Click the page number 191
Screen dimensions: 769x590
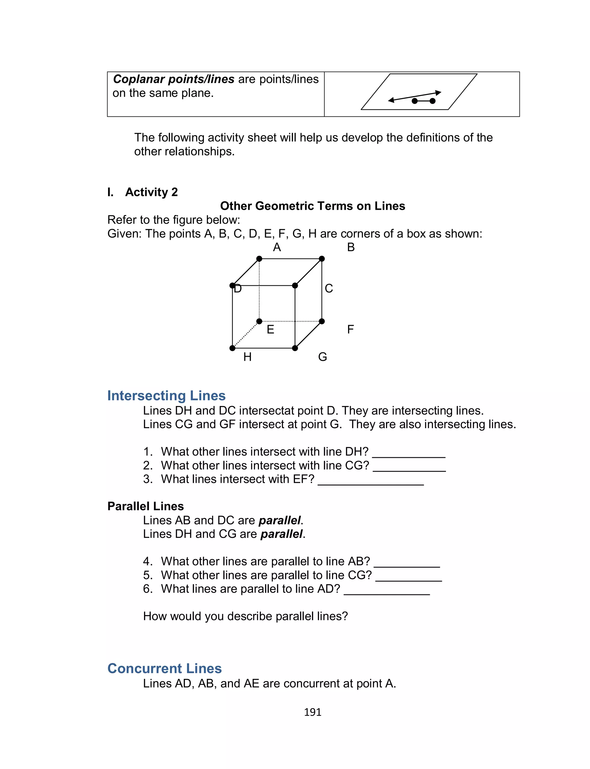(313, 712)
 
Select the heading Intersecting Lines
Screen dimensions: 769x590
(166, 395)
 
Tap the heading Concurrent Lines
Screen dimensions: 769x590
(164, 668)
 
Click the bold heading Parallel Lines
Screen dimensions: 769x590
(145, 506)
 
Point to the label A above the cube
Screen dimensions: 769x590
(277, 247)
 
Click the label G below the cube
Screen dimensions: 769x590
(322, 357)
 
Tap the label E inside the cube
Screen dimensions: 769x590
(270, 329)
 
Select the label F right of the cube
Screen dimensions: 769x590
(350, 329)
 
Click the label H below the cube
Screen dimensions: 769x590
(247, 357)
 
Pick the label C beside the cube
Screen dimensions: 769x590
(329, 288)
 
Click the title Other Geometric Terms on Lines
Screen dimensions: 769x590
(313, 206)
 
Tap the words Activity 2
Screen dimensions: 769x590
(151, 192)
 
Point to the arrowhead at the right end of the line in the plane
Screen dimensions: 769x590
(438, 93)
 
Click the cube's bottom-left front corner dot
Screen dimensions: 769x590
(232, 348)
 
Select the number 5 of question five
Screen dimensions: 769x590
(147, 575)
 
